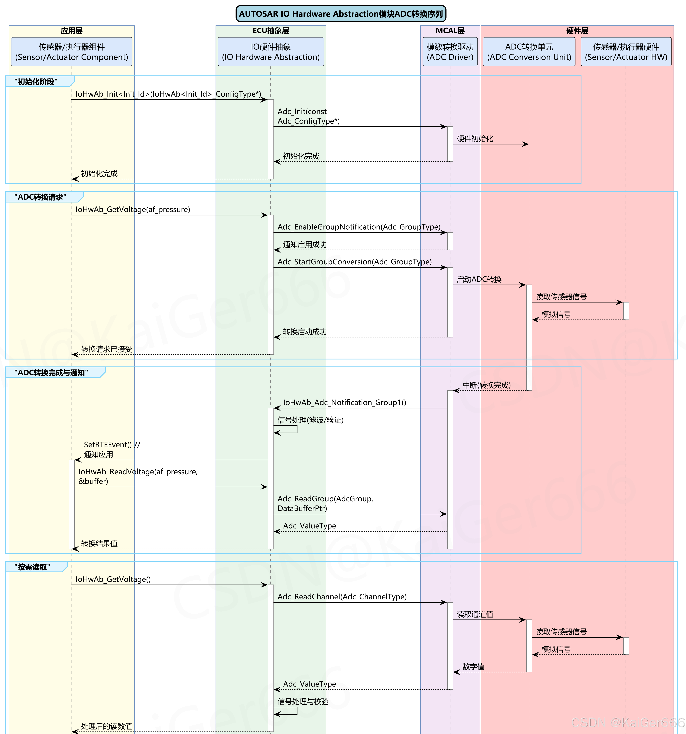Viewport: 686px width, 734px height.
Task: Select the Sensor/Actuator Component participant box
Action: [x=72, y=52]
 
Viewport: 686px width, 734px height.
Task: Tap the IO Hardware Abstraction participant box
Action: [x=271, y=52]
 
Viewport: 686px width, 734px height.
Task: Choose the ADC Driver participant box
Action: [x=450, y=52]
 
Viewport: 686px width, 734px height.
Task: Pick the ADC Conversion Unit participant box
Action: [x=529, y=52]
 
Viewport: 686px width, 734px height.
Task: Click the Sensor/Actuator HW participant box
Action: [x=626, y=52]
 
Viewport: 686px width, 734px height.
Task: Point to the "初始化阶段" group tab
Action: [x=36, y=82]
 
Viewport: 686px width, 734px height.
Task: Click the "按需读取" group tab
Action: [x=32, y=567]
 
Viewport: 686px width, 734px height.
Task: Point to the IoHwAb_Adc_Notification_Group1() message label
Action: [x=345, y=402]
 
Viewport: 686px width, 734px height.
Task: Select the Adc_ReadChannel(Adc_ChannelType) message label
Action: [x=342, y=597]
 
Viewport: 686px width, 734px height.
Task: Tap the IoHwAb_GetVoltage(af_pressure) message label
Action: [x=133, y=209]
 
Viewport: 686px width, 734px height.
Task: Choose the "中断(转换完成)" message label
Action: [x=486, y=385]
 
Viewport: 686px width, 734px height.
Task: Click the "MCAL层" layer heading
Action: [x=450, y=31]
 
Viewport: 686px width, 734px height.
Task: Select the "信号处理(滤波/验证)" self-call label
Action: [x=310, y=420]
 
